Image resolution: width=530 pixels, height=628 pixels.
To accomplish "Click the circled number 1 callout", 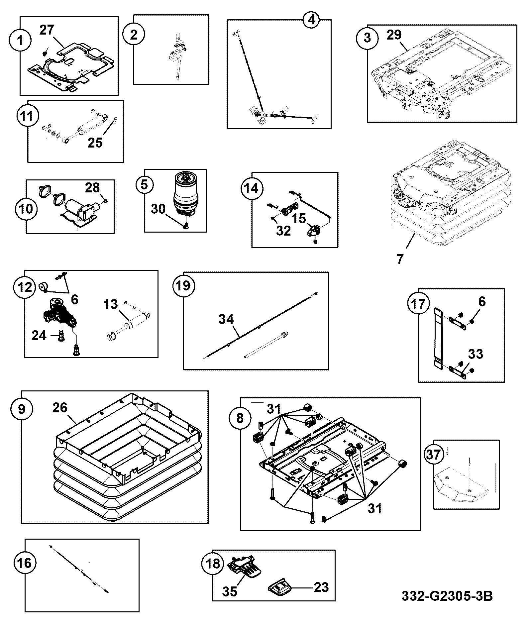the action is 21,41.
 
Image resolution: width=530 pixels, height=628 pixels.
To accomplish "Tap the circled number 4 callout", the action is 311,20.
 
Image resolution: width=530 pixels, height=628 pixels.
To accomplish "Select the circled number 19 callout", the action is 183,285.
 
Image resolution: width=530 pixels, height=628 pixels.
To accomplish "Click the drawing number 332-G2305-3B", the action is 447,595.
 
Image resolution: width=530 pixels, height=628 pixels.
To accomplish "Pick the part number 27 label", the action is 47,30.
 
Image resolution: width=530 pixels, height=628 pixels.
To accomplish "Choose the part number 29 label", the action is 394,35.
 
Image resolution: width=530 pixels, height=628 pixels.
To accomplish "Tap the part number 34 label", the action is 226,319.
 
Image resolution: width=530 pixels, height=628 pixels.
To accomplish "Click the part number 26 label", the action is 60,408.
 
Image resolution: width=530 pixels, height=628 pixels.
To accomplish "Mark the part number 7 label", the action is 400,259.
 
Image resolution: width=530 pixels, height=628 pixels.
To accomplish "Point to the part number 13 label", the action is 111,304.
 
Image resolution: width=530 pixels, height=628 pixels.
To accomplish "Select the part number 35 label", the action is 230,591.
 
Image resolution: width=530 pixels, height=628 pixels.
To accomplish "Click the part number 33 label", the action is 475,354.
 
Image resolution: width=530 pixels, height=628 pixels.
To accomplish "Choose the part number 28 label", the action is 92,188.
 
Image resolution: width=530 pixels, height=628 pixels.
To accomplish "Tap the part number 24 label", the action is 39,336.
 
